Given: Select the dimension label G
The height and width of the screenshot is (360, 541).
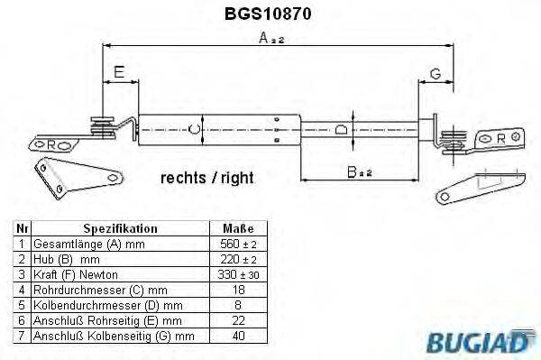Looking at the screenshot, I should pos(434,73).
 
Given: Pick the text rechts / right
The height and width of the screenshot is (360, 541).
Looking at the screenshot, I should pos(206,178).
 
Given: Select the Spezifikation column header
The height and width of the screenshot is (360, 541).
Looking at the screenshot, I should pos(120,229).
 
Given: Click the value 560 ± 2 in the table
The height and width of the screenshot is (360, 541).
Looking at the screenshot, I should pos(238,245).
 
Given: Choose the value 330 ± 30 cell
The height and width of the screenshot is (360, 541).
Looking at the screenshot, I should pos(238,274).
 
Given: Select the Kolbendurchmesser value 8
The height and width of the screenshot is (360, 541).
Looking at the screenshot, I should pos(238,305).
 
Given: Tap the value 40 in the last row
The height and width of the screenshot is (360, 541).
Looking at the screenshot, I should pos(238,336).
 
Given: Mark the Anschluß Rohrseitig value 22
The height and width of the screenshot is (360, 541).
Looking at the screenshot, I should pos(238,320).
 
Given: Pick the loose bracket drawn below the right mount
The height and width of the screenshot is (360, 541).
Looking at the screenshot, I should pos(476,184).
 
